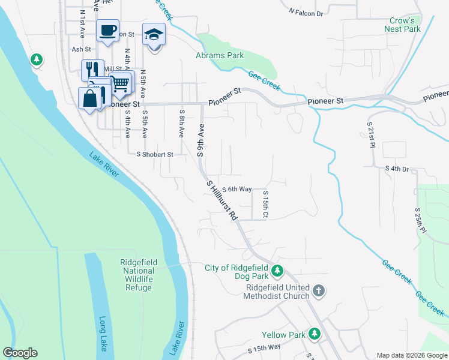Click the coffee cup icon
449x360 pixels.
tap(107, 30)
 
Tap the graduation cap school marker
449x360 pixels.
tap(154, 34)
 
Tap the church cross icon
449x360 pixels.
tap(319, 292)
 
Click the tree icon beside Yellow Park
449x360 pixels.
tap(314, 334)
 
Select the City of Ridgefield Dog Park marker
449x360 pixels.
tap(277, 271)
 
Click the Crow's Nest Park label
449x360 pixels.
tap(402, 24)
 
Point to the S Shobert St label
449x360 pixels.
tap(155, 154)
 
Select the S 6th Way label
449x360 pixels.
tap(237, 189)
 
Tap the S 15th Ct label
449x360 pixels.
tap(264, 205)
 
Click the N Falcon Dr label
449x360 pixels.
tap(306, 12)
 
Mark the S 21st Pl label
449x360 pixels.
tap(372, 133)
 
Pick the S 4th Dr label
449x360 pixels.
tap(397, 169)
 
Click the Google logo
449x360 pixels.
tap(20, 353)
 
